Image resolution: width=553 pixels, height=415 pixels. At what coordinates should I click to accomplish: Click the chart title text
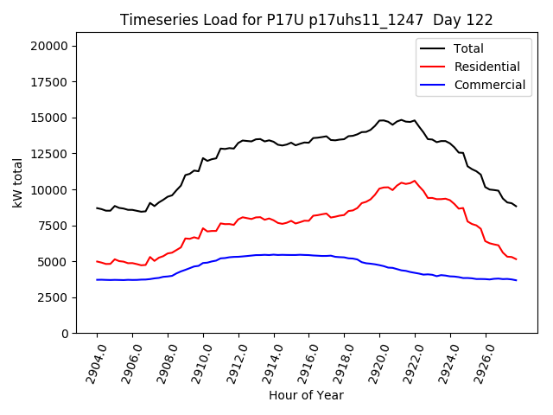[x=305, y=20]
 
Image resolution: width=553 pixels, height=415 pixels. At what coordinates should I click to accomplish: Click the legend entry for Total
[x=468, y=48]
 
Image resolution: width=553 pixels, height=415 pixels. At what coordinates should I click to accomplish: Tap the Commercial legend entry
[x=489, y=85]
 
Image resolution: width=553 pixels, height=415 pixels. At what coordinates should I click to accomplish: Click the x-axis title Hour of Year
[x=306, y=395]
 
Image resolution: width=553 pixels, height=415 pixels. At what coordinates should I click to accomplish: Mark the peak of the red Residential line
[x=415, y=181]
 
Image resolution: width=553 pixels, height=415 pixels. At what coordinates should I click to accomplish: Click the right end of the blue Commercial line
[x=517, y=280]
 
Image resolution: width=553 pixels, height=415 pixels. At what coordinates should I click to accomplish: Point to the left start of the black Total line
[x=97, y=207]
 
